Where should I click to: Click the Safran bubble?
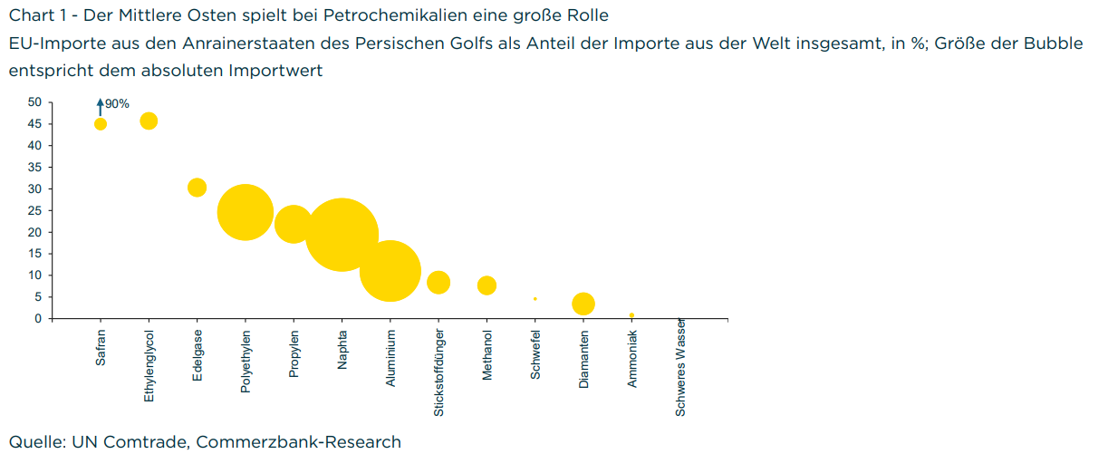(101, 124)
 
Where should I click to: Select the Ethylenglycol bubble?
(149, 121)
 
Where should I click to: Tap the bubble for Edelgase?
(197, 188)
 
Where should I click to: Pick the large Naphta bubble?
(342, 235)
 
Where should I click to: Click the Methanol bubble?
(487, 285)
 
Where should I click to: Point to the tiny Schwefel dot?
(535, 298)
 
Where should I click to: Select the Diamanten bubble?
(583, 304)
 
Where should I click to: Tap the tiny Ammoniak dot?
(631, 315)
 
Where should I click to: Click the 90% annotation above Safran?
(118, 104)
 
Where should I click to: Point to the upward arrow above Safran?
(101, 107)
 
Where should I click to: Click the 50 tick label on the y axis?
(34, 102)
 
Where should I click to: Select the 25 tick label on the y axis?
(34, 210)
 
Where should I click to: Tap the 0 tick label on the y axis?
(38, 318)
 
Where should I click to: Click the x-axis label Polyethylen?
(246, 361)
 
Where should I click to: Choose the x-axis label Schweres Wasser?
(680, 367)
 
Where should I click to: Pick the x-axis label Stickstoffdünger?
(438, 372)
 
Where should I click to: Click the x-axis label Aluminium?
(390, 358)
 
